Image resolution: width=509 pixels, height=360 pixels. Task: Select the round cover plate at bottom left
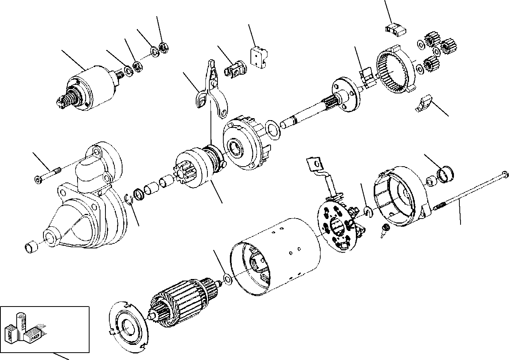[x=128, y=324]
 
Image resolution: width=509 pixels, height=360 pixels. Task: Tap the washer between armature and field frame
[x=228, y=279]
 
